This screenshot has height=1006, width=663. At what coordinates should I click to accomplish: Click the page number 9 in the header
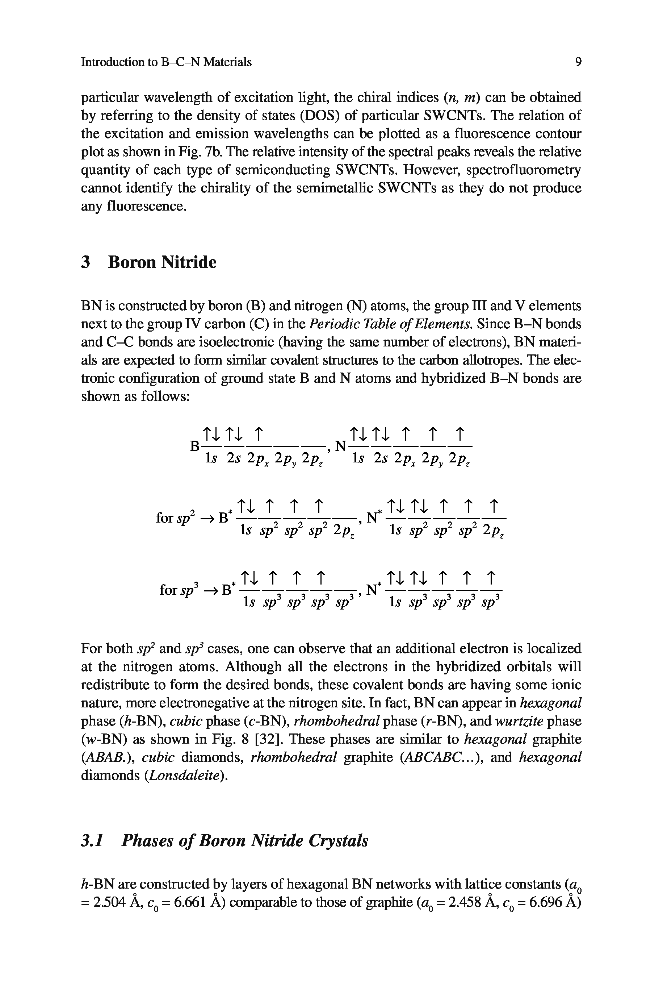click(x=578, y=62)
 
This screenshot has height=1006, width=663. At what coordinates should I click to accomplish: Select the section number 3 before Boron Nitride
click(x=86, y=262)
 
